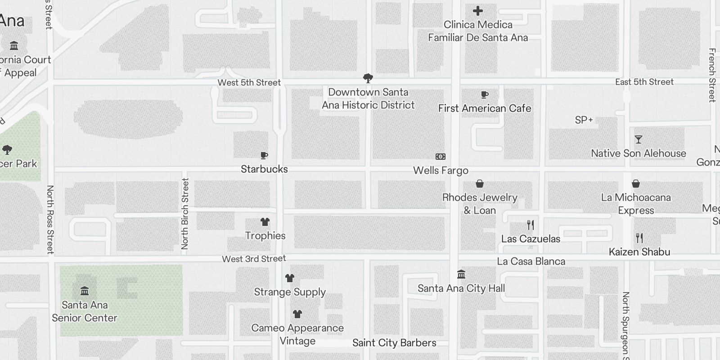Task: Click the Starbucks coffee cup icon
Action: tap(264, 156)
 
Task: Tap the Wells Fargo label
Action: tap(441, 171)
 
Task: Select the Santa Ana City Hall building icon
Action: tap(461, 274)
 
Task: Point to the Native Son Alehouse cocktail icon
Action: tap(638, 139)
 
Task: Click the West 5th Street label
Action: tap(249, 82)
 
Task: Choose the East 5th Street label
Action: tap(644, 82)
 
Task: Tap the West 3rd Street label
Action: tap(254, 259)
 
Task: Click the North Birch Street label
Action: tap(185, 214)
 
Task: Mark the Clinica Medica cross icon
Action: tap(478, 11)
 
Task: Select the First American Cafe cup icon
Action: tap(485, 94)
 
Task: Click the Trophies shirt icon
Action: tap(265, 222)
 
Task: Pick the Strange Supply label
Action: tap(290, 292)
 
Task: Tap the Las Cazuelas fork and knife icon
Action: tap(531, 225)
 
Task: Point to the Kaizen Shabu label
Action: tap(639, 252)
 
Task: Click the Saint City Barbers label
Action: tap(394, 343)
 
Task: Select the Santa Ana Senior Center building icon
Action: tap(84, 291)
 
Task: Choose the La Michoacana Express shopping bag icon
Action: tap(636, 184)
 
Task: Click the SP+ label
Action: tap(584, 120)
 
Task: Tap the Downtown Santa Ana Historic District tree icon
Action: tap(368, 78)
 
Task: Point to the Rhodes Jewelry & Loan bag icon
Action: tap(480, 184)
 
